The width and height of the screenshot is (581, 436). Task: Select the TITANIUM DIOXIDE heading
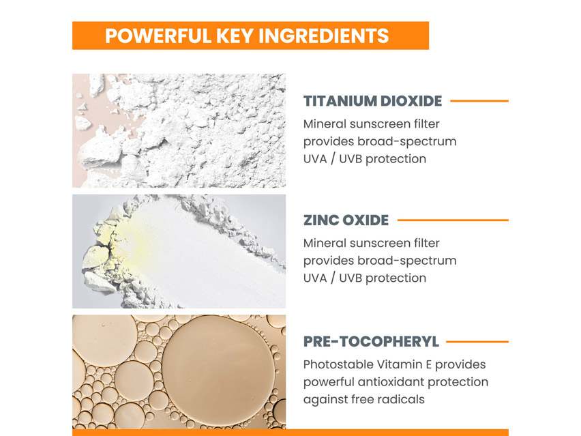(x=372, y=101)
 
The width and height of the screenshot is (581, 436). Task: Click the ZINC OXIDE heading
(x=346, y=220)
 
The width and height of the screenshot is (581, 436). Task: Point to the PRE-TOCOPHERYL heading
(x=371, y=342)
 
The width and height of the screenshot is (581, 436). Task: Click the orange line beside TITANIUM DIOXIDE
(x=479, y=101)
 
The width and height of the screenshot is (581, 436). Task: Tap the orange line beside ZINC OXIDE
(x=453, y=220)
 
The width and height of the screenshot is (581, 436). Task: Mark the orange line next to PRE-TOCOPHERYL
(x=477, y=342)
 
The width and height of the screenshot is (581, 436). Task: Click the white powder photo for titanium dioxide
(x=179, y=130)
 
